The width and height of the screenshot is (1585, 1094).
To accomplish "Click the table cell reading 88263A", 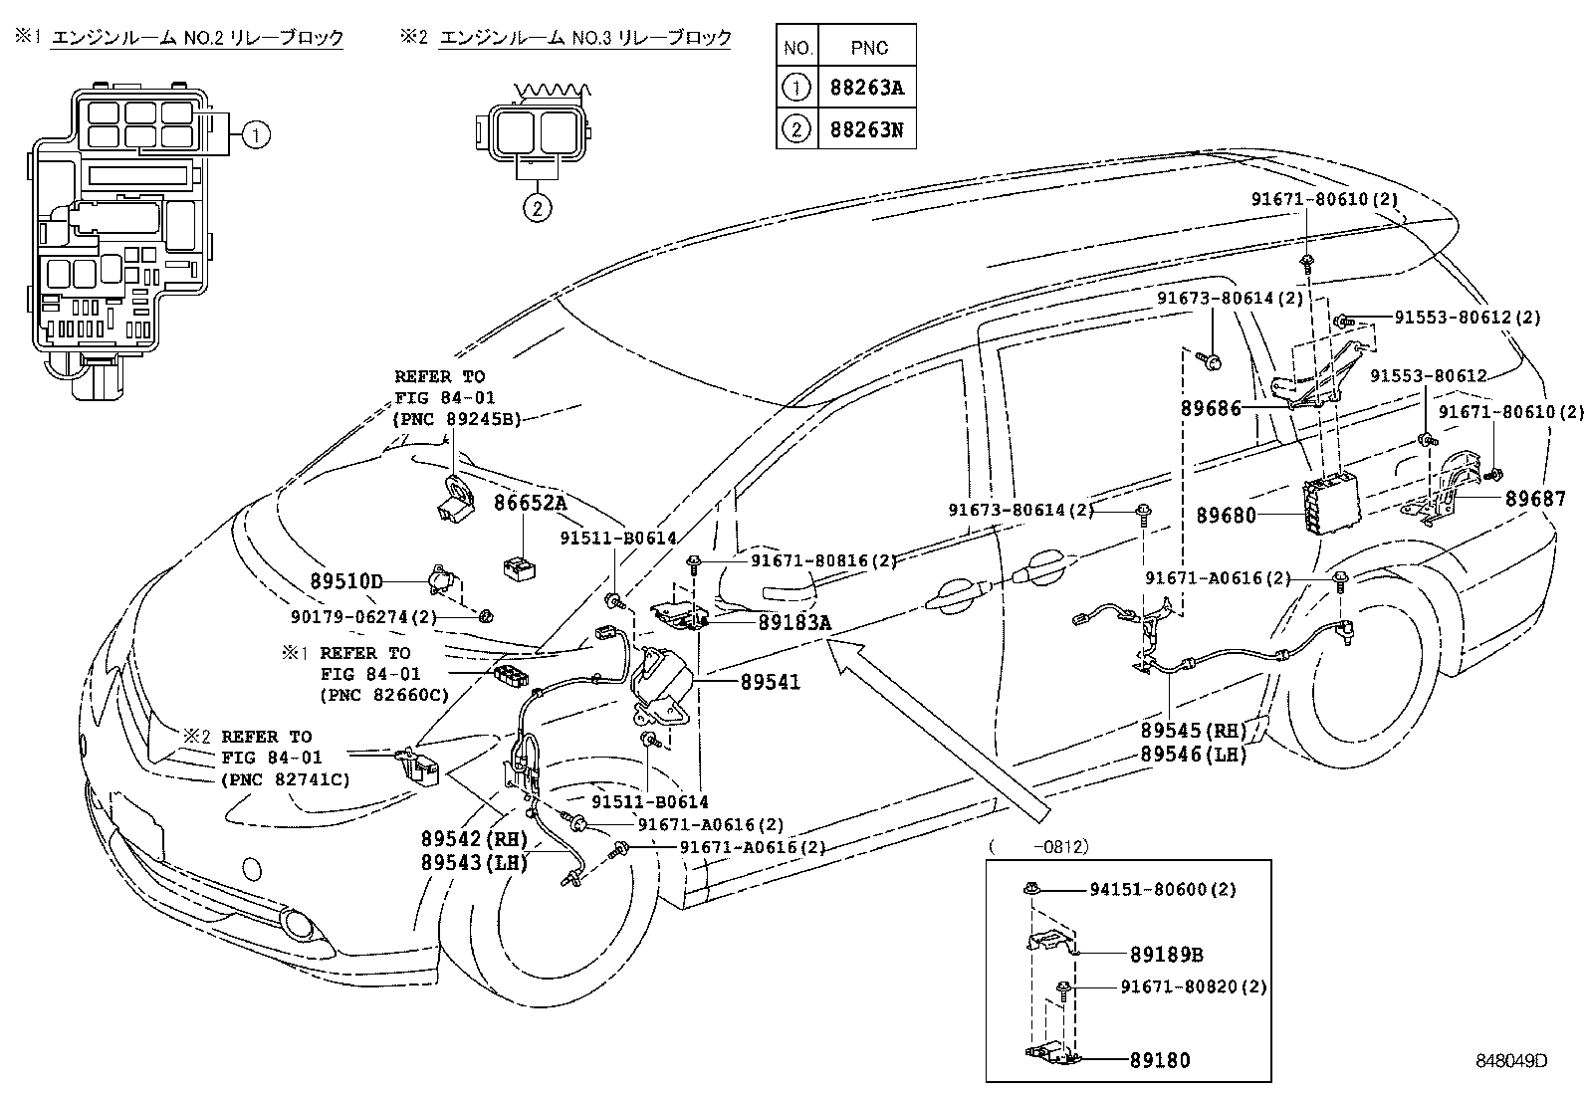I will (x=866, y=88).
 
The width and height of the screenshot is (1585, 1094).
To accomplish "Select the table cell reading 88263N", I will (x=866, y=129).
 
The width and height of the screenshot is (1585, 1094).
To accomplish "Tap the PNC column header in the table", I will (x=866, y=46).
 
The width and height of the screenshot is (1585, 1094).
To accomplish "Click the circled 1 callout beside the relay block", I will (x=257, y=134).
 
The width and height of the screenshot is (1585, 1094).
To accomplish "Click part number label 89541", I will (x=771, y=683).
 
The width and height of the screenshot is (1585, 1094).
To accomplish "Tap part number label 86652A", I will (x=530, y=504).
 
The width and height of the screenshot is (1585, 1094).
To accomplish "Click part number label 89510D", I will (x=345, y=580).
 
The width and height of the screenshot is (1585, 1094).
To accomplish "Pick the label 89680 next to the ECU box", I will (x=1227, y=515).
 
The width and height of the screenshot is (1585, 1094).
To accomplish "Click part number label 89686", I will (x=1211, y=408).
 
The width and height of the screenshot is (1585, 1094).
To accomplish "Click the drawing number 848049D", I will (x=1511, y=1060).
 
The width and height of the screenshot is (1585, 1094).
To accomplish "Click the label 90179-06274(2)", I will (x=363, y=617).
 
